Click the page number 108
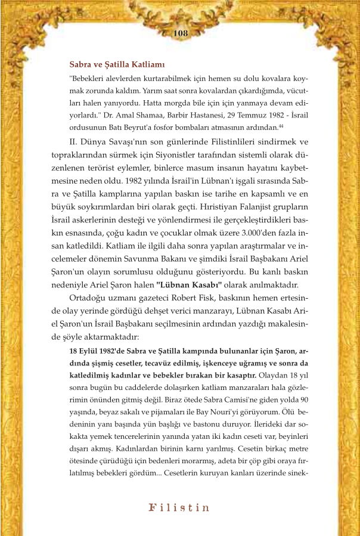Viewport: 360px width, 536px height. tap(179, 33)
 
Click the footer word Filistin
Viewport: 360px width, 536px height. tap(179, 508)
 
